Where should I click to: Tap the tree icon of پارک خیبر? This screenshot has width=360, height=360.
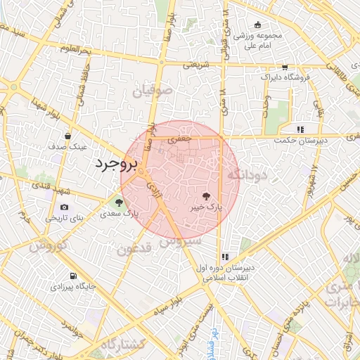(206, 198)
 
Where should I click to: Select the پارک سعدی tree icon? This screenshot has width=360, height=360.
(119, 202)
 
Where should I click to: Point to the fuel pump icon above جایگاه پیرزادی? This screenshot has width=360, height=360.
(73, 276)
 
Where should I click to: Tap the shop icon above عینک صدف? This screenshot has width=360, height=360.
(67, 136)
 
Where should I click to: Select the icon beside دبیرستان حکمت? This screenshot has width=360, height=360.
(300, 129)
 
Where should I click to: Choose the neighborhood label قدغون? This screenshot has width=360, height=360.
(134, 248)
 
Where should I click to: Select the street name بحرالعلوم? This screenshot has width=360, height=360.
(76, 49)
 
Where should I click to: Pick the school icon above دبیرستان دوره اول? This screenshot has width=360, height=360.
(225, 257)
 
